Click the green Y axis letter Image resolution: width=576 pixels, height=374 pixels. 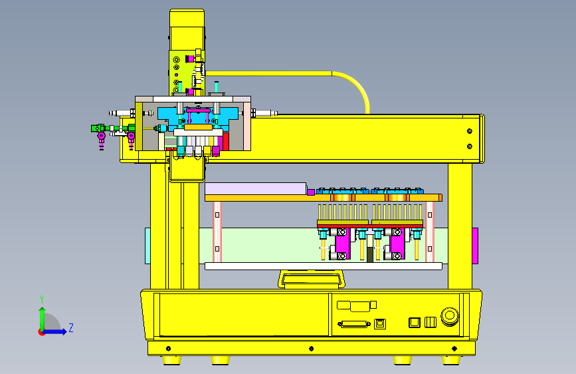[x=42, y=299]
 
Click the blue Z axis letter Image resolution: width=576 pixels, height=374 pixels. [x=71, y=327]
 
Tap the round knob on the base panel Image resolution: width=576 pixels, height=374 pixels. [x=450, y=316]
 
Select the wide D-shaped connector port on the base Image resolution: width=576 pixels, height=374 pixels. [x=353, y=324]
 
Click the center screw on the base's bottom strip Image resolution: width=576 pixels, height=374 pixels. [x=311, y=349]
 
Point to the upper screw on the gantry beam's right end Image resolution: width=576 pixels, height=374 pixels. [x=469, y=131]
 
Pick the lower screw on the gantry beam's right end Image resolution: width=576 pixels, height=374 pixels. [x=469, y=146]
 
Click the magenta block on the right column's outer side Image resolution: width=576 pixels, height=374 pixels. [x=475, y=246]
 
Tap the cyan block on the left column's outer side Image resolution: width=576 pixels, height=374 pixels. [x=147, y=246]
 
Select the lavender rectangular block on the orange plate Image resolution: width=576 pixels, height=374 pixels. [x=256, y=189]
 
